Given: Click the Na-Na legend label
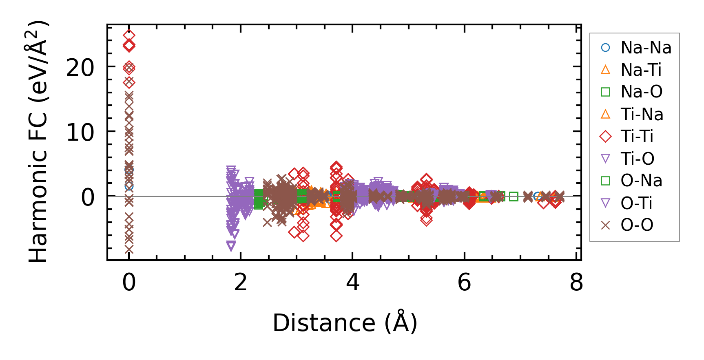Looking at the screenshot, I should [x=646, y=48].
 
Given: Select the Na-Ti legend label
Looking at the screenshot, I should [x=641, y=70].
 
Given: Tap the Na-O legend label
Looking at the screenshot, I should [x=641, y=92].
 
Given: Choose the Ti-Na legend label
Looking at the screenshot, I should [x=642, y=115].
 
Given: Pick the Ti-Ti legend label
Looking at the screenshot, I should [x=637, y=137].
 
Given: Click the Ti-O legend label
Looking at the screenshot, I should [x=637, y=159].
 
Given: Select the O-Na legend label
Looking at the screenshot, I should [x=641, y=181].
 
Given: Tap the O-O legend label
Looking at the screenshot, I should [x=637, y=225].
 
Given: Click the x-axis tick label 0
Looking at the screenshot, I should [x=129, y=282].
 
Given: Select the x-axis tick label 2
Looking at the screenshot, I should [x=241, y=282].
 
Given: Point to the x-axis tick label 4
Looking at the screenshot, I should [x=352, y=282].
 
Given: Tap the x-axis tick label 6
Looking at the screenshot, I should [x=464, y=282].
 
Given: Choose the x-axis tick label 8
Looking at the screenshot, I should [x=576, y=282].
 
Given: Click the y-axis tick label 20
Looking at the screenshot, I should [x=80, y=68].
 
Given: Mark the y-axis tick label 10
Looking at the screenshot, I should [x=80, y=132].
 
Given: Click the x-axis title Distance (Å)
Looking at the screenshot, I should [x=345, y=323].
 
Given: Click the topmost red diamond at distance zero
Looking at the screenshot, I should [x=129, y=35].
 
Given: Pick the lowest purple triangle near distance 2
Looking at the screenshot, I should [x=231, y=245].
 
